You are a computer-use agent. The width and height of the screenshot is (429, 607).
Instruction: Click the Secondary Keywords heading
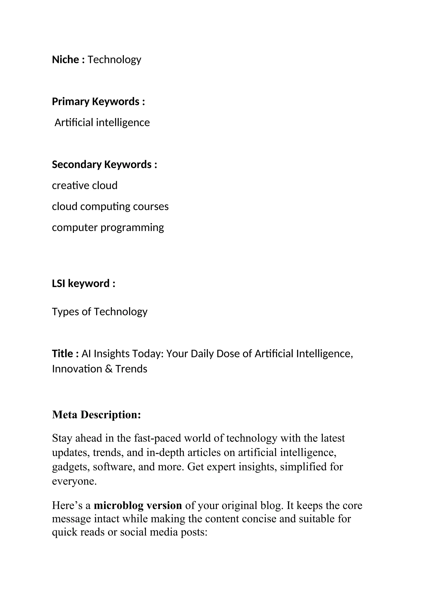[x=104, y=165]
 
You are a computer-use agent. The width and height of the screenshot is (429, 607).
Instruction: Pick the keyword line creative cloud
[x=85, y=185]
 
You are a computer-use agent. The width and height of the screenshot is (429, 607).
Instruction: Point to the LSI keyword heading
[x=84, y=284]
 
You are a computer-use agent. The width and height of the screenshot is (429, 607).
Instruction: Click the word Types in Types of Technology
[x=65, y=312]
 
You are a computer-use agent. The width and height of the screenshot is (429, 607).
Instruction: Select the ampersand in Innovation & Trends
[x=109, y=369]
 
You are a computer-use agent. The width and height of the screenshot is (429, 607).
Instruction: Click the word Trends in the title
[x=131, y=369]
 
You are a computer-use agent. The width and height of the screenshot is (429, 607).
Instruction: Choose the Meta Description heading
[x=96, y=415]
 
